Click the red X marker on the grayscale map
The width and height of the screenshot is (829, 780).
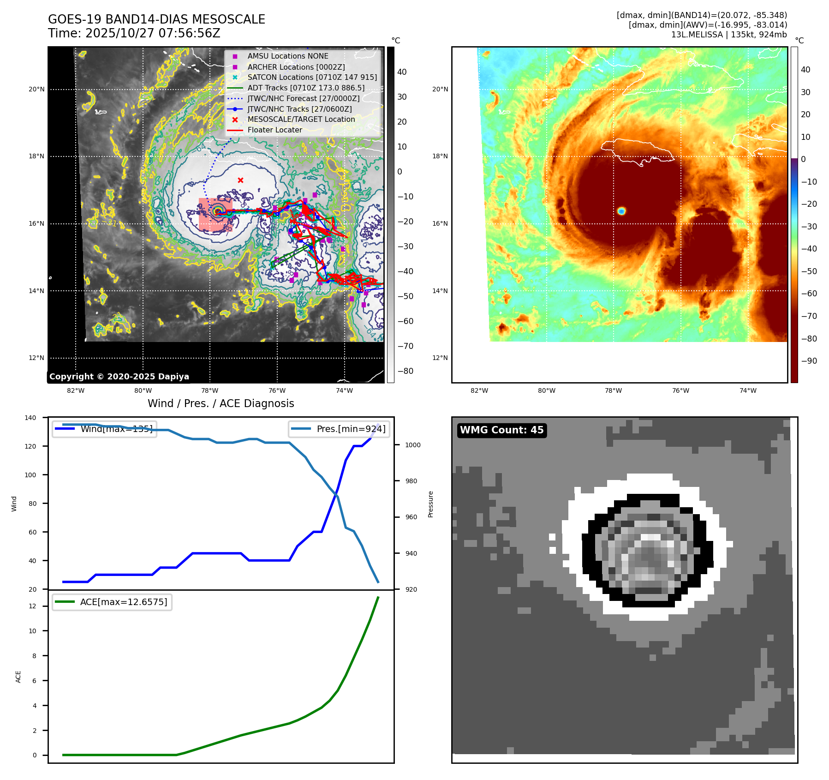pyautogui.click(x=240, y=180)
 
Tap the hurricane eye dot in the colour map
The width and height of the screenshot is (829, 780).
pyautogui.click(x=621, y=211)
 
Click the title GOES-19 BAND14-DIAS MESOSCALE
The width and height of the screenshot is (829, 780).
pyautogui.click(x=156, y=19)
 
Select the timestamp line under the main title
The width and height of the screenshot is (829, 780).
pyautogui.click(x=134, y=33)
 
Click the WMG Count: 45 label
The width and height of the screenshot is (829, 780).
pyautogui.click(x=501, y=430)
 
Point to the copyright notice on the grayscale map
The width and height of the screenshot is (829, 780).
pyautogui.click(x=119, y=377)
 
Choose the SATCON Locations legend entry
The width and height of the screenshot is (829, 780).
pyautogui.click(x=312, y=78)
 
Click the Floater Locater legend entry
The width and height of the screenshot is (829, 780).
pyautogui.click(x=274, y=130)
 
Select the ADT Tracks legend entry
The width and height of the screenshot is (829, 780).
pyautogui.click(x=306, y=88)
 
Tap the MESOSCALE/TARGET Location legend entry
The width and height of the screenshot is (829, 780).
pyautogui.click(x=301, y=120)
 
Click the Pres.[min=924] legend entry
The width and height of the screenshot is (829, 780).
pyautogui.click(x=351, y=429)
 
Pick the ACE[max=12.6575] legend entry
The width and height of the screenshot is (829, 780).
pyautogui.click(x=123, y=602)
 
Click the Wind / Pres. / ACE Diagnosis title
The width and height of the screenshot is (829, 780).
pyautogui.click(x=221, y=403)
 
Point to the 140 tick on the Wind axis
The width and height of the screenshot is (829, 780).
pyautogui.click(x=30, y=418)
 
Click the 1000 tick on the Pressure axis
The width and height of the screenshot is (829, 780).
pyautogui.click(x=412, y=445)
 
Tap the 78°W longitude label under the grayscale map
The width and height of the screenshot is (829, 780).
pyautogui.click(x=210, y=390)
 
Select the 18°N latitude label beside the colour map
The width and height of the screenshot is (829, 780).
pyautogui.click(x=440, y=156)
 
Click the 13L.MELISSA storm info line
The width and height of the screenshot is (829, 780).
pyautogui.click(x=728, y=35)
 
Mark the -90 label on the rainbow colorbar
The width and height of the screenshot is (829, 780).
pyautogui.click(x=809, y=361)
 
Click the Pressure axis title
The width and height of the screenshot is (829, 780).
pyautogui.click(x=430, y=504)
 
